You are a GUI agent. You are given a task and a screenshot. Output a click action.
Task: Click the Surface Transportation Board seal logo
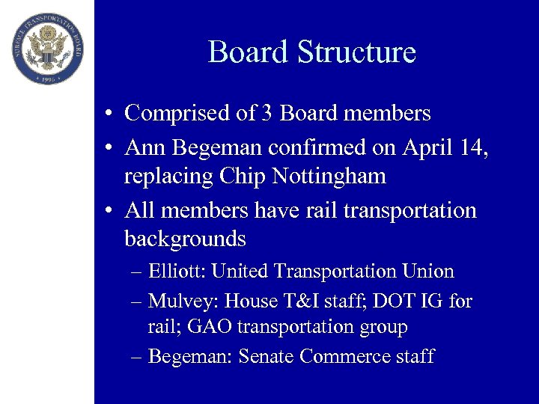point(47,47)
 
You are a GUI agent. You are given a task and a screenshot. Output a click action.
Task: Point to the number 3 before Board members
point(267,114)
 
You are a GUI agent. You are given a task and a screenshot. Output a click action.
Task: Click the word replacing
point(169,177)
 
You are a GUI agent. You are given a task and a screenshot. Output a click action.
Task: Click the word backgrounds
point(185,239)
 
